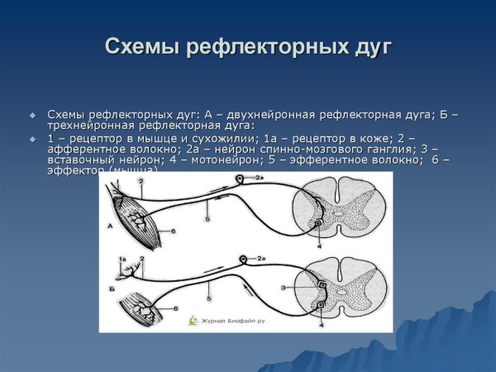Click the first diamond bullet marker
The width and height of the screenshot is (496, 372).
tap(33, 114)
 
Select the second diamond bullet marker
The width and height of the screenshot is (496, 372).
tap(33, 138)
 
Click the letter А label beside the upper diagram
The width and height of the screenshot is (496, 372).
tap(109, 226)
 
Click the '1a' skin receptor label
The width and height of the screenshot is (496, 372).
tap(122, 260)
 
